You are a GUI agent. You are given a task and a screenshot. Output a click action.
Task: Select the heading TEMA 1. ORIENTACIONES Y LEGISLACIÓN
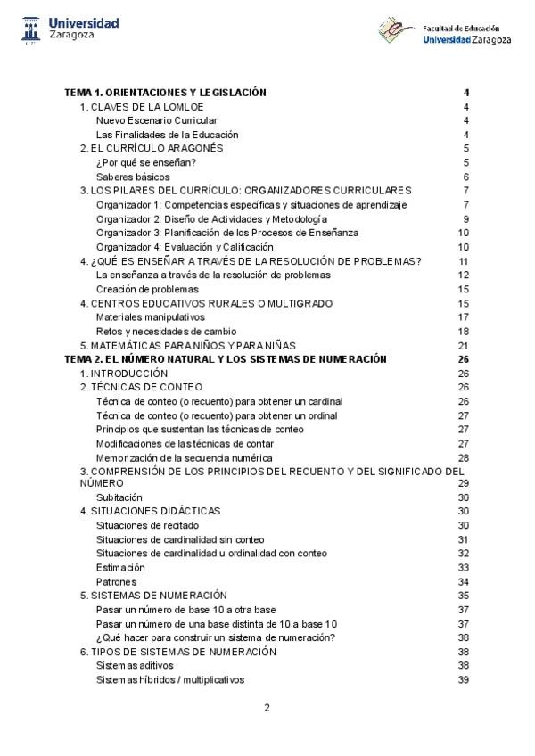point(166,93)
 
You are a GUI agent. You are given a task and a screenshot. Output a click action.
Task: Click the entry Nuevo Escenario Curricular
point(156,120)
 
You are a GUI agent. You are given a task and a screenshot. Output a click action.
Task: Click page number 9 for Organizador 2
point(465,218)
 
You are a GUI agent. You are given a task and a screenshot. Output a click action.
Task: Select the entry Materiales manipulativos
point(151,316)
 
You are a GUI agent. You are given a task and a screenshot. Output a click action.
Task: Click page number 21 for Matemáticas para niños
point(463,345)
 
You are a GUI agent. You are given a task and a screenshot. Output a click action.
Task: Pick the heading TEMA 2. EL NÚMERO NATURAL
point(226,358)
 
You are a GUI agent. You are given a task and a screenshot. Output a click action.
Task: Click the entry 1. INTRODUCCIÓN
point(124,373)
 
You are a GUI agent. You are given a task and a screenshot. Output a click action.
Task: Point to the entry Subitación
point(119,497)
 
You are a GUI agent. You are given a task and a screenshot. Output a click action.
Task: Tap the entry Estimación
point(120,567)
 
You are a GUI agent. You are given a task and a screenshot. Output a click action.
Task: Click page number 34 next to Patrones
point(463,581)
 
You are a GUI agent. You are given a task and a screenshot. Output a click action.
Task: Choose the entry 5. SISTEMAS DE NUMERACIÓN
point(153,595)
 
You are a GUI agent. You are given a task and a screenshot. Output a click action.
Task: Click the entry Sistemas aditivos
point(135,665)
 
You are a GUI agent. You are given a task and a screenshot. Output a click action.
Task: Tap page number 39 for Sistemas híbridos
point(463,679)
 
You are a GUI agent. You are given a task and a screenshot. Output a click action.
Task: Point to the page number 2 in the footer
point(267,708)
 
